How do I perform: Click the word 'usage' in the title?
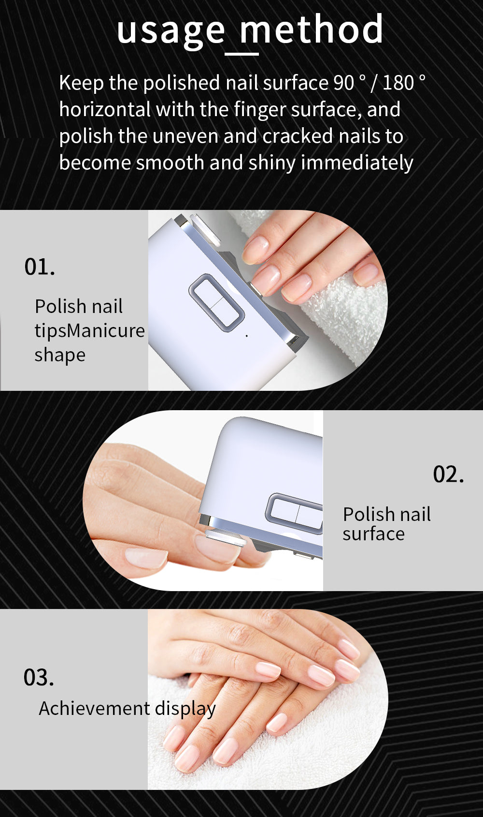click(170, 30)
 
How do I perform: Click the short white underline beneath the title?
click(242, 54)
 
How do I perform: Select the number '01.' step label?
click(40, 267)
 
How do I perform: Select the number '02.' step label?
click(448, 474)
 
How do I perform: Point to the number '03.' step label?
click(39, 677)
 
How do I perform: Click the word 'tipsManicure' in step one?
click(89, 331)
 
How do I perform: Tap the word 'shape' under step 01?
click(60, 355)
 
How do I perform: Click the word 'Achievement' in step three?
click(94, 709)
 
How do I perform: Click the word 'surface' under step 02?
click(373, 534)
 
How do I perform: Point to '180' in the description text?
click(398, 83)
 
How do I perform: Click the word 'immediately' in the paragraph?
click(357, 163)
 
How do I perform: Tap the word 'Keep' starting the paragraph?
click(81, 83)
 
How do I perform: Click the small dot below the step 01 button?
click(247, 335)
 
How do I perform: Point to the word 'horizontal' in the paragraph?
click(105, 110)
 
